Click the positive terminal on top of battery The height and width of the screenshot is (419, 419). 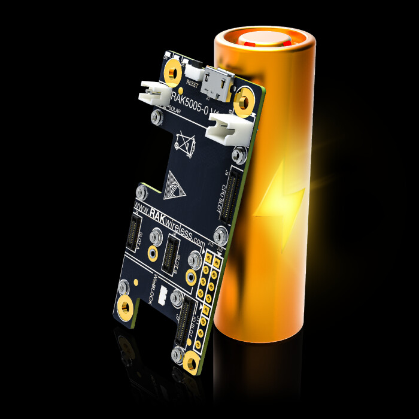[265, 42]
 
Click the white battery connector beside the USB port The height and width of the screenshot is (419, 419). [224, 127]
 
